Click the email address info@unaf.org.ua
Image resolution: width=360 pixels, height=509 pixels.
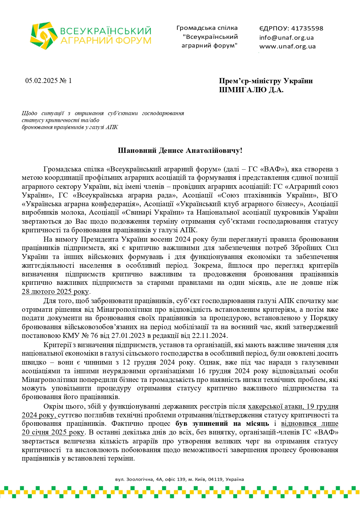(286, 37)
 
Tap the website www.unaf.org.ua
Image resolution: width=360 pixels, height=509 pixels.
(287, 46)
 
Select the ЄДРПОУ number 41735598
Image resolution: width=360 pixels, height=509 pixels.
(307, 28)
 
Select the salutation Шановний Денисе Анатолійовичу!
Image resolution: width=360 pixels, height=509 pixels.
(180, 151)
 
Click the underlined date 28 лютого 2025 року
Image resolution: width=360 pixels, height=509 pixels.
(55, 291)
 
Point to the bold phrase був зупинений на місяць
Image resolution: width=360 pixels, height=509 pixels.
(222, 424)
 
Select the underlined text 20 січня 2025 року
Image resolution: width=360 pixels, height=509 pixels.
(53, 432)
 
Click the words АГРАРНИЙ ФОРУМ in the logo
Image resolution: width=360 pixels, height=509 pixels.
(106, 40)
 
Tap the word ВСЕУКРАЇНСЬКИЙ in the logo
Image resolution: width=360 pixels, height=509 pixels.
(106, 31)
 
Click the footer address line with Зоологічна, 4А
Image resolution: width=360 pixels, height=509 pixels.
(180, 479)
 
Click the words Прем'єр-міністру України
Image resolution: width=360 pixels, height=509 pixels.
(266, 81)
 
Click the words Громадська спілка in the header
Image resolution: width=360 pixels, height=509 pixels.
(207, 28)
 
